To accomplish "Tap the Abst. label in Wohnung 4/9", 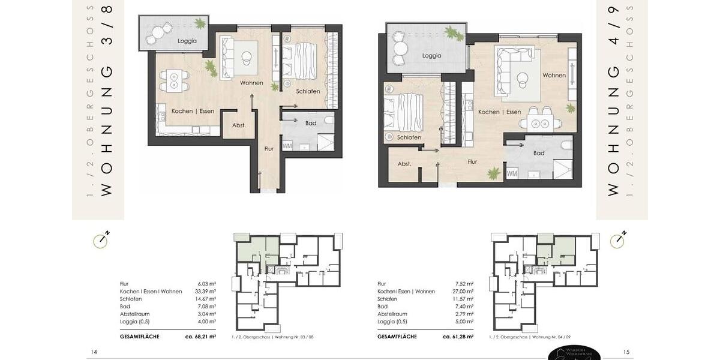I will click(404, 163).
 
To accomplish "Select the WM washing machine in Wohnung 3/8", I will click(287, 146).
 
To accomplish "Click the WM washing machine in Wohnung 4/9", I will click(512, 173).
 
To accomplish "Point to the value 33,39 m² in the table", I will click(206, 292).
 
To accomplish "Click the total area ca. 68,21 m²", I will click(200, 337).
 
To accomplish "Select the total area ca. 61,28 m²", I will click(458, 337).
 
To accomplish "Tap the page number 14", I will click(94, 352).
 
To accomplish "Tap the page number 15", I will click(626, 352).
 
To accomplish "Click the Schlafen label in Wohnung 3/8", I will click(308, 91).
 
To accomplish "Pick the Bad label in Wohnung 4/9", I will click(539, 153).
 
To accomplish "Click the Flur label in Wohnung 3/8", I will click(269, 148).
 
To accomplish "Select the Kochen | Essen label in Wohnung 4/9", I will click(499, 112).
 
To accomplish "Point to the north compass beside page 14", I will click(100, 241).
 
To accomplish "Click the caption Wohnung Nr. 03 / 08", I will click(272, 337).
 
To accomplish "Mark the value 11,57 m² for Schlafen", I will click(464, 299).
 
